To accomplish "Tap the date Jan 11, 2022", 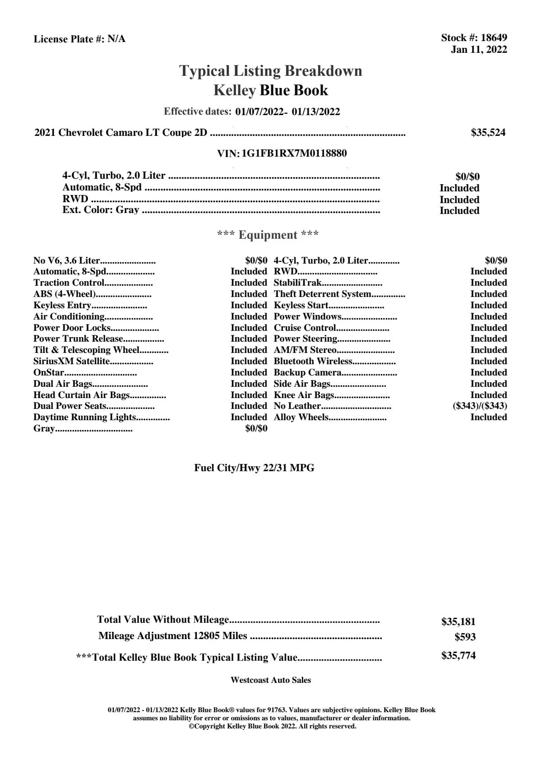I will coord(479,50).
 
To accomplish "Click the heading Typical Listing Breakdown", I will coord(271,71).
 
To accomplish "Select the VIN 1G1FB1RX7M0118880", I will coord(294,153).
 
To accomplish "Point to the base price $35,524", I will coord(488,133).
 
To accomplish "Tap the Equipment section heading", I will coord(268,235).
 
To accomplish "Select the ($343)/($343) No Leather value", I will coord(480,406).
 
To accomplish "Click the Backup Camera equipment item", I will coord(307,373).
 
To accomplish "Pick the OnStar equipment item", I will coord(49,373).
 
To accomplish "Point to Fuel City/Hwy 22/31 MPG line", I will coord(254,468).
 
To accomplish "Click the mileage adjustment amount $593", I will coord(465,637).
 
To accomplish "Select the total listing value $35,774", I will coord(458,656).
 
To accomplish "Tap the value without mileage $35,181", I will coord(458,622).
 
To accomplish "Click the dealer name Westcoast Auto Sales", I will coord(270,680).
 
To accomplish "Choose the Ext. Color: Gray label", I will coord(101,210).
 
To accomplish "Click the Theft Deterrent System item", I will coord(322,294).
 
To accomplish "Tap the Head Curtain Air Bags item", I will coord(81,395).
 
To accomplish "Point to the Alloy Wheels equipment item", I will coord(301,417).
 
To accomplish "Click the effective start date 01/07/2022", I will coord(259,112).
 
